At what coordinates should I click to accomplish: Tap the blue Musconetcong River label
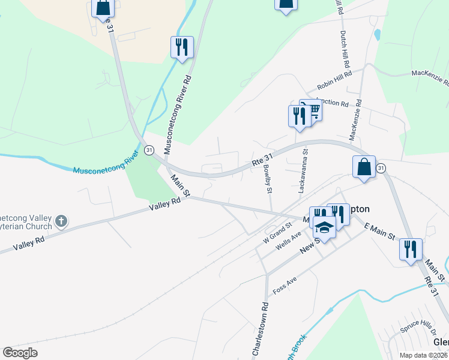106,162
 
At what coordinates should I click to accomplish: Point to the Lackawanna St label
303,172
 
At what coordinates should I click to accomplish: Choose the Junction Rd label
332,103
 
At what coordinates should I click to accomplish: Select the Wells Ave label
288,245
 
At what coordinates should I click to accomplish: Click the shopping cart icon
312,110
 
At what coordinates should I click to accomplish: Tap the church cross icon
61,222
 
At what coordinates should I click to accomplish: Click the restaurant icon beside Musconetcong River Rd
182,47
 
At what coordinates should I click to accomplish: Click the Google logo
20,353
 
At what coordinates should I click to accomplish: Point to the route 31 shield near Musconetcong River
149,149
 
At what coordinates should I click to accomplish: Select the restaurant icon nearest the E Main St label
411,248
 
